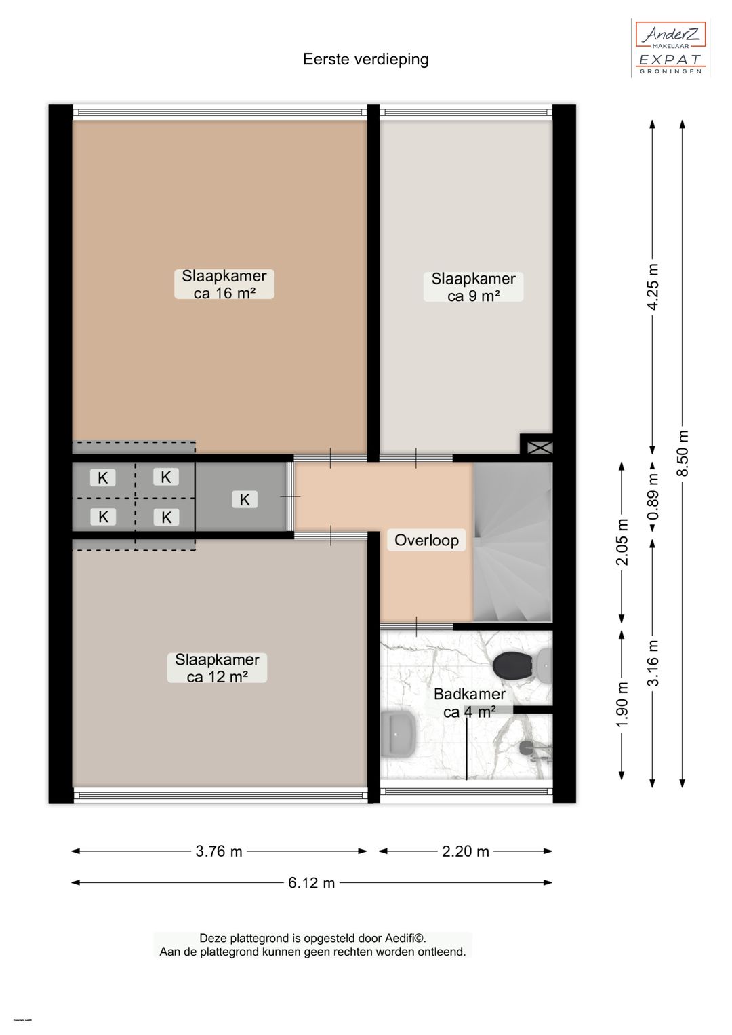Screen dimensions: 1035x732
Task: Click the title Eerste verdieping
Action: point(365,60)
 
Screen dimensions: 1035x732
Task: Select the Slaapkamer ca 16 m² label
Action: point(224,284)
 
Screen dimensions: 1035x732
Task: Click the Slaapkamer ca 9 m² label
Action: point(473,287)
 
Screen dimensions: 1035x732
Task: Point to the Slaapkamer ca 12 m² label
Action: point(217,668)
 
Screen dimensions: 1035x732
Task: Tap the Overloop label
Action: point(426,541)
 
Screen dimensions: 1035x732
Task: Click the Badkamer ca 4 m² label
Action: point(469,703)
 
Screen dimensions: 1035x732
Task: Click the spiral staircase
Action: point(512,541)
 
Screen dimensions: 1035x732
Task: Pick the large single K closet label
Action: point(245,500)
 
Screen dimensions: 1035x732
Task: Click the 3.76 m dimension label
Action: point(219,851)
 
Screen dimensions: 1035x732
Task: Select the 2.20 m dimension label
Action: point(465,851)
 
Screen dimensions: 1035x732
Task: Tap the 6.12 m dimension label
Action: point(311,882)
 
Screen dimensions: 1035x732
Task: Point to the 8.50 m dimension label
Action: point(683,453)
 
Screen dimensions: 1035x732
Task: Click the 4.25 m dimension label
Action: point(653,286)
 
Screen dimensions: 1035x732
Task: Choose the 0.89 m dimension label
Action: point(653,496)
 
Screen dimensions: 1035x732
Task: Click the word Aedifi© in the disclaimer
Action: point(405,939)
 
